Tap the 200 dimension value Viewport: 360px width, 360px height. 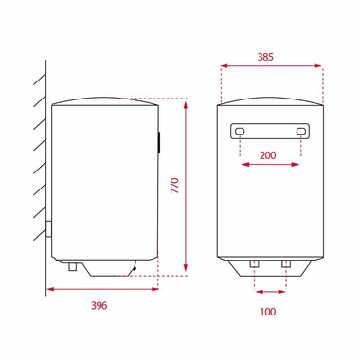pos(271,154)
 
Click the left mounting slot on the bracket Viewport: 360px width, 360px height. pos(240,131)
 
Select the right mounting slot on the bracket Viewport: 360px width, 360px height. pos(302,131)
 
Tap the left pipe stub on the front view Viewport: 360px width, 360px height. pos(256,261)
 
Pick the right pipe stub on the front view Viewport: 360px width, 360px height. pos(285,261)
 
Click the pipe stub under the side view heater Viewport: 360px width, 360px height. pos(71,267)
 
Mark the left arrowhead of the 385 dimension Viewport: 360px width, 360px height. pos(222,66)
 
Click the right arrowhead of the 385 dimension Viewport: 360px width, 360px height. pos(320,66)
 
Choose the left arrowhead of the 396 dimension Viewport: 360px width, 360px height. pos(48,289)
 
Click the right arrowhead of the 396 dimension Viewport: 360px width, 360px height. pos(156,289)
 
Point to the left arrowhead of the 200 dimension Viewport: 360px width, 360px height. pos(243,164)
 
